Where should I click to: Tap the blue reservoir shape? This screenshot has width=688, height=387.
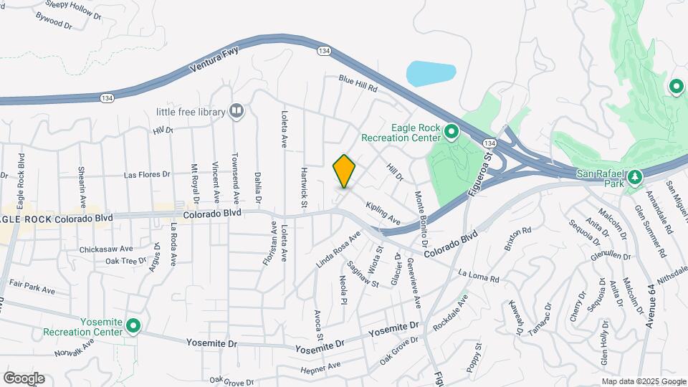431,73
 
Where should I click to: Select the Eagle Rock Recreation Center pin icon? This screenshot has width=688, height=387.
451,133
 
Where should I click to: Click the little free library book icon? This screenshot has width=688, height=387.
236,111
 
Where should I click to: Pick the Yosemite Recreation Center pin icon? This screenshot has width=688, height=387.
133,326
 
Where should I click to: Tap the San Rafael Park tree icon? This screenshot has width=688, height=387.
635,177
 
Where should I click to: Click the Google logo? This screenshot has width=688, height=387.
24,378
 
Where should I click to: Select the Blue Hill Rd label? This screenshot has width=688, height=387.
358,83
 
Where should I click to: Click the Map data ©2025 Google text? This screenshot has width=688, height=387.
642,381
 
